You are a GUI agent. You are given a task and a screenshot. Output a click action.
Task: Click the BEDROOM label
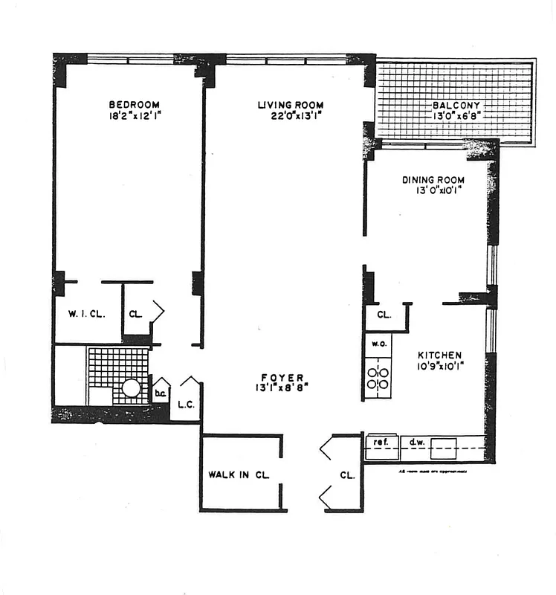pos(133,105)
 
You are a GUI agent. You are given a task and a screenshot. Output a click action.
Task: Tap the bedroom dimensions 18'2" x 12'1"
pos(133,117)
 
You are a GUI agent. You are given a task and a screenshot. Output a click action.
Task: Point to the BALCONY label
pos(456,105)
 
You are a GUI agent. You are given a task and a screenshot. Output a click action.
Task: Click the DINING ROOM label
pos(433,180)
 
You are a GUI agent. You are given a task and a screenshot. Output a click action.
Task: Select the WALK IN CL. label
pos(239,474)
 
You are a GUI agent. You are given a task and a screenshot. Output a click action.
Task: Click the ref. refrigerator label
pos(381,443)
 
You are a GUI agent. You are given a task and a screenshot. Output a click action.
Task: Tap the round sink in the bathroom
pos(132,387)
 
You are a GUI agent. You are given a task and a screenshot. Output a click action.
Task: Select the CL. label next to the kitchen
pos(384,315)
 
